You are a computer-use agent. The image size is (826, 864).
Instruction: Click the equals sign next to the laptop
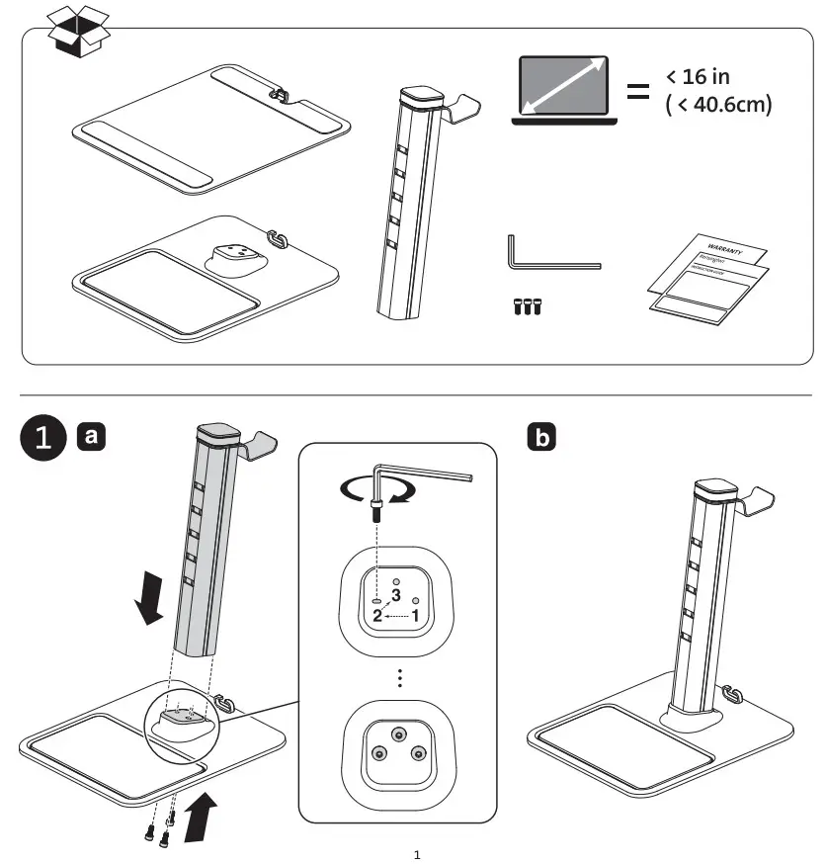[x=638, y=94]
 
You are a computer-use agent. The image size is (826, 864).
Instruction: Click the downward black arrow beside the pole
[x=151, y=601]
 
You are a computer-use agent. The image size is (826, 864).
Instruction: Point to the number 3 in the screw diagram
[x=395, y=595]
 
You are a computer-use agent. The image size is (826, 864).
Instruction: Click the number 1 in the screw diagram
[x=417, y=614]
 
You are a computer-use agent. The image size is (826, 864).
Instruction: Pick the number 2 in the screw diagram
[x=375, y=615]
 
